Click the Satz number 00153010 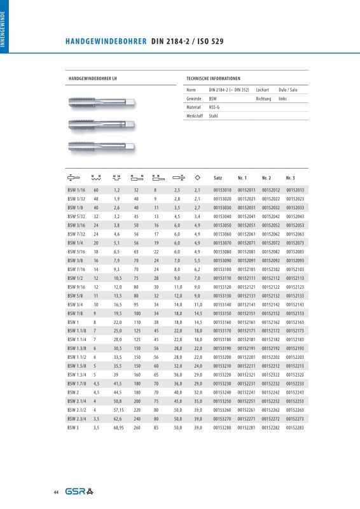(x=222, y=190)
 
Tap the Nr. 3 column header (x=290, y=177)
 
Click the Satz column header (x=218, y=177)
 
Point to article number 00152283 (x=295, y=430)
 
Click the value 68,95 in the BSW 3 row (x=118, y=430)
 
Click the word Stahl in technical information (x=214, y=117)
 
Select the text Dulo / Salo (x=288, y=90)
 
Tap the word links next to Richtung (x=283, y=99)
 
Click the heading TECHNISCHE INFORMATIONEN (x=213, y=78)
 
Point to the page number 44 (x=57, y=492)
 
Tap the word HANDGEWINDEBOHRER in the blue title (x=106, y=42)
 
